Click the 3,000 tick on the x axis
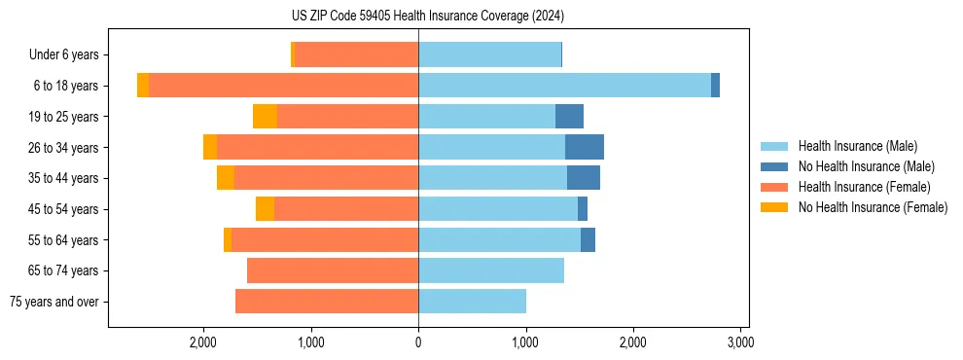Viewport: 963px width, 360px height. pos(740,342)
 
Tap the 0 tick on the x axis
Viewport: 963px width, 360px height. pos(418,342)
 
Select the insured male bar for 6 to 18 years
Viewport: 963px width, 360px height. pos(564,86)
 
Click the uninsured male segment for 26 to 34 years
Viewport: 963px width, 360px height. pos(585,147)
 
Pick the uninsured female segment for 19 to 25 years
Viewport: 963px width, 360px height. pos(265,117)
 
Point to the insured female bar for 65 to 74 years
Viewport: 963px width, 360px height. pos(333,270)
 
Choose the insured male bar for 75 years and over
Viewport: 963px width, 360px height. pos(472,302)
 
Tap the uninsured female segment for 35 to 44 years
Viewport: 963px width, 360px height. pos(226,178)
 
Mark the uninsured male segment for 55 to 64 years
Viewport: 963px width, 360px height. pos(588,239)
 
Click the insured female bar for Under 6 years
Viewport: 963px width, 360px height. pos(356,54)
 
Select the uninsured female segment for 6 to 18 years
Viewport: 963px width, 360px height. pos(143,86)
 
